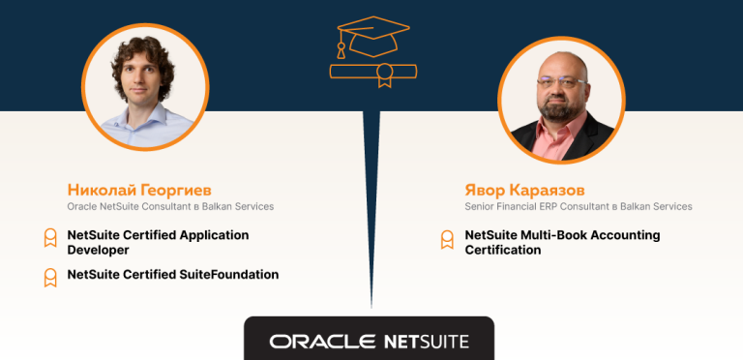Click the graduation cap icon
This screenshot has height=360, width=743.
pyautogui.click(x=371, y=38)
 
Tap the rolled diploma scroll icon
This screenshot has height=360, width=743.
pyautogui.click(x=372, y=72)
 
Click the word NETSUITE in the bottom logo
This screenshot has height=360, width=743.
pyautogui.click(x=426, y=342)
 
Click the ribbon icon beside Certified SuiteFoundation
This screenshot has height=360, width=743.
pyautogui.click(x=49, y=277)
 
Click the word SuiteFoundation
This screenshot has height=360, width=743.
pyautogui.click(x=230, y=275)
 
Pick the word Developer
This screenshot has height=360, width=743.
pyautogui.click(x=98, y=250)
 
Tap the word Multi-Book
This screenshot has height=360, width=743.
pyautogui.click(x=551, y=235)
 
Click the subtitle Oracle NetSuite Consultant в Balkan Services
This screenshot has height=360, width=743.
pyautogui.click(x=170, y=206)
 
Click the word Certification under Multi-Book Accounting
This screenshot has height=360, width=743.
pyautogui.click(x=502, y=250)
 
